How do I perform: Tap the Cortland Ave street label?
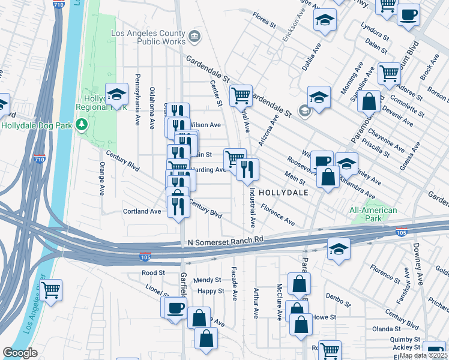[x=142, y=211]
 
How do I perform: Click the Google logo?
[x=20, y=353]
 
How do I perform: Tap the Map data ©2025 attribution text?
[x=423, y=355]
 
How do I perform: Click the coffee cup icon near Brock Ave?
[x=408, y=14]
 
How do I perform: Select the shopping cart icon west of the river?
[x=51, y=291]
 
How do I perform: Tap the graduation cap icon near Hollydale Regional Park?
[x=116, y=94]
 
